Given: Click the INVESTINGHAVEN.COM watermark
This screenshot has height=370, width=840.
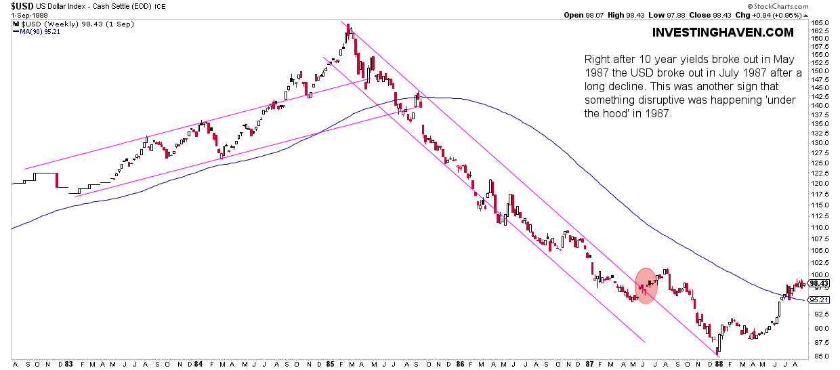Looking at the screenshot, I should coord(723,33).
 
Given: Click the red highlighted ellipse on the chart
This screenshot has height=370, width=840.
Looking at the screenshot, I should coord(646,285).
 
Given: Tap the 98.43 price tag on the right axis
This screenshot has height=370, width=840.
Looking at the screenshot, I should coord(819,283).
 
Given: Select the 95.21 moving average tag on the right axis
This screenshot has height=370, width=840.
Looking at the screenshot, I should coord(819,300).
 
